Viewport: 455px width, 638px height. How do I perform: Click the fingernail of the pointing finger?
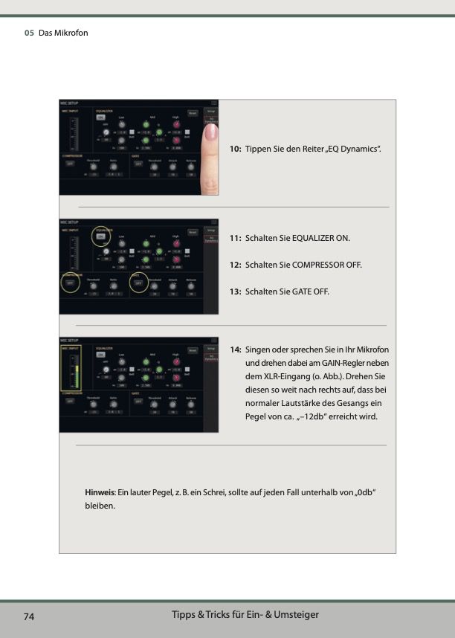pyautogui.click(x=211, y=132)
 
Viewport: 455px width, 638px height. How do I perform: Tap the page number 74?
pyautogui.click(x=30, y=617)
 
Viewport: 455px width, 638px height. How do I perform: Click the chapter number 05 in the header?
pyautogui.click(x=29, y=33)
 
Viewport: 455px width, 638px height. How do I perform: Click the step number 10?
pyautogui.click(x=235, y=149)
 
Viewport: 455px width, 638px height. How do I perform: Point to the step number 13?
pyautogui.click(x=235, y=291)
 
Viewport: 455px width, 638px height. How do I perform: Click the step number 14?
pyautogui.click(x=235, y=349)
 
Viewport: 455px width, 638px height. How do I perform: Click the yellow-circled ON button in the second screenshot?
pyautogui.click(x=100, y=236)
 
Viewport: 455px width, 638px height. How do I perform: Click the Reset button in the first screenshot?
pyautogui.click(x=193, y=114)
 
